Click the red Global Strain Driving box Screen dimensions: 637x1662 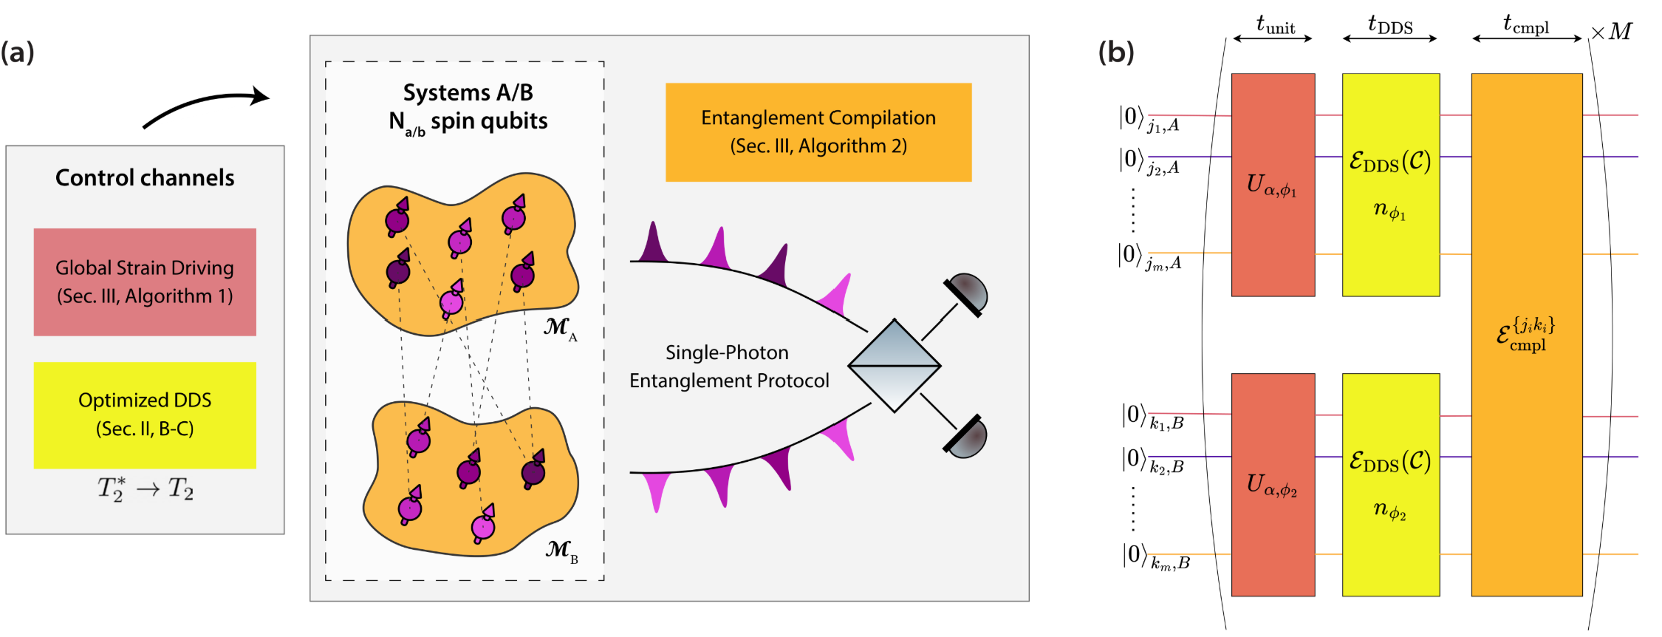[145, 282]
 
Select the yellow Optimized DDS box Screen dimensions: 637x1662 [145, 415]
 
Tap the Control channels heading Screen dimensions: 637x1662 [145, 178]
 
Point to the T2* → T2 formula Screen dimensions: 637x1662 [146, 488]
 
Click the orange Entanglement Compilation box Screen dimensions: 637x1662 [818, 132]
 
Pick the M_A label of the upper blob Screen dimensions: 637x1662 [560, 328]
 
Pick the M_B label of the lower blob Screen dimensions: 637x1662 [561, 551]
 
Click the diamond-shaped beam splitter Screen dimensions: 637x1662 [895, 366]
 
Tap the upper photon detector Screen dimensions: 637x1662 [966, 293]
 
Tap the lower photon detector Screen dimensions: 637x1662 [966, 437]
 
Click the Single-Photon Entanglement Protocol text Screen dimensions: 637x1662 [729, 367]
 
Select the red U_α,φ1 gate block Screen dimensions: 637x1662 [1273, 185]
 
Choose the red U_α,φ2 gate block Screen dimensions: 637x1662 [1273, 485]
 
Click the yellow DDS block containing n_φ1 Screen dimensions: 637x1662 [1390, 185]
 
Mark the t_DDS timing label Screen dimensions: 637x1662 [1389, 27]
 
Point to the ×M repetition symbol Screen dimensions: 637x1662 [1612, 32]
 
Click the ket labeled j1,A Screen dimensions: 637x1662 [1149, 120]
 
